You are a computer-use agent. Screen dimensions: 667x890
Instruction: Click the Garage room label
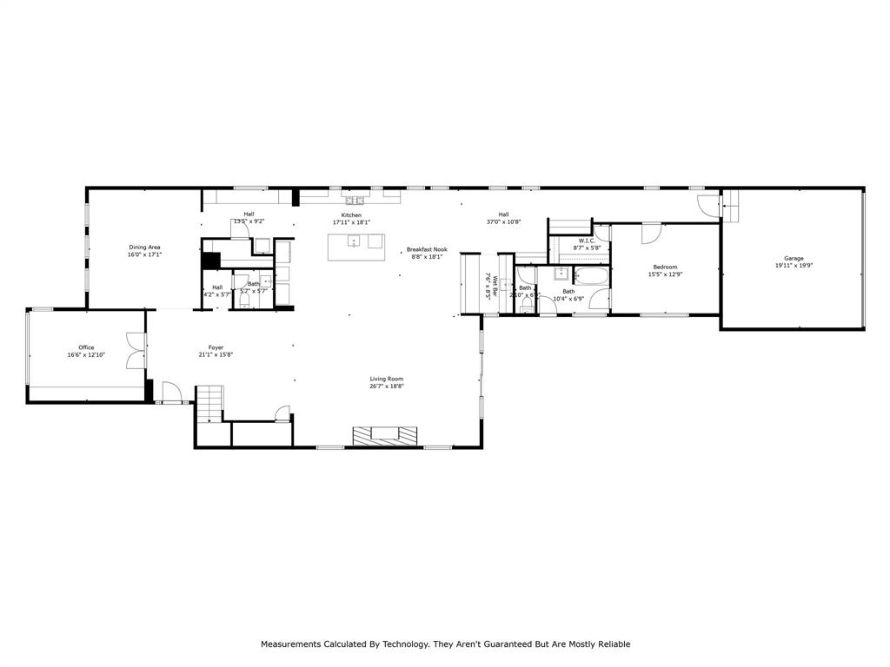[x=793, y=258]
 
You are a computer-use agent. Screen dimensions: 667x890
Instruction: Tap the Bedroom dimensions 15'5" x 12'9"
[x=665, y=274]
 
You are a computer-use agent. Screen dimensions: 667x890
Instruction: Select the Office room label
[x=86, y=347]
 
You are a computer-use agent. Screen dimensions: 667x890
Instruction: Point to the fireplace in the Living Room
[x=384, y=434]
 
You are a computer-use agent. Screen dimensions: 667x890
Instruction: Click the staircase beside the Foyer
[x=209, y=406]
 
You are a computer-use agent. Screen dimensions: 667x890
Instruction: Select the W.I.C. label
[x=587, y=241]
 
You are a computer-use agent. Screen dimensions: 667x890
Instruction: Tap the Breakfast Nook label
[x=426, y=249]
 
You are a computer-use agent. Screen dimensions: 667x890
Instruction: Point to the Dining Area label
[x=145, y=248]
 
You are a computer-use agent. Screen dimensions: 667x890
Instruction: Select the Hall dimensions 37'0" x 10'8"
[x=503, y=221]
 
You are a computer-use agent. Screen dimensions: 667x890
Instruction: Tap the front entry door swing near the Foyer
[x=170, y=393]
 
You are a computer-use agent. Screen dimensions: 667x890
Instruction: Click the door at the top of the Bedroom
[x=652, y=233]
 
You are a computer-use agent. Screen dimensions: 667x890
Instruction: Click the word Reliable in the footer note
[x=613, y=644]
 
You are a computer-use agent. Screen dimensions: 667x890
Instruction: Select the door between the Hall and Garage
[x=710, y=206]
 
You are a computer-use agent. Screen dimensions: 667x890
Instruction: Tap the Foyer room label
[x=216, y=347]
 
